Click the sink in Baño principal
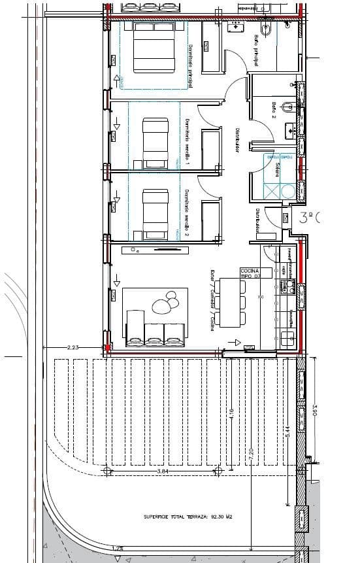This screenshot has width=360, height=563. [236, 27]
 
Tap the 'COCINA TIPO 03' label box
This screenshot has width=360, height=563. [250, 273]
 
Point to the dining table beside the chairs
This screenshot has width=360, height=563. [229, 303]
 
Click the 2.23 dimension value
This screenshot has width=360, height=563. [73, 349]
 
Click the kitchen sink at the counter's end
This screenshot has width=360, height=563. [286, 337]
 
